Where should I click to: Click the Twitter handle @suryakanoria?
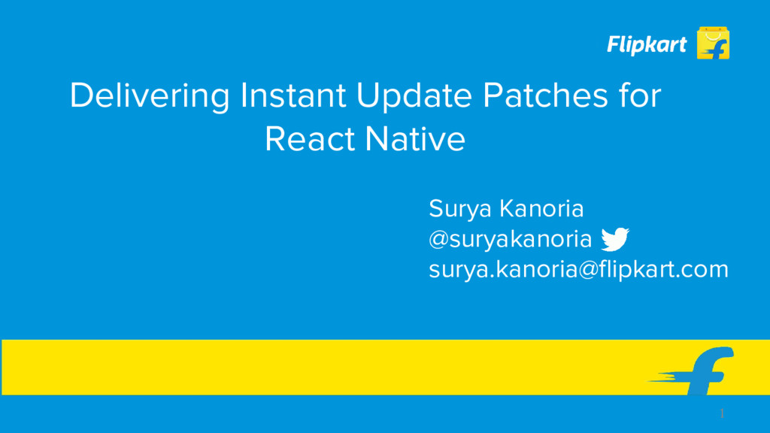point(510,240)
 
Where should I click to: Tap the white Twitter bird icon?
point(615,239)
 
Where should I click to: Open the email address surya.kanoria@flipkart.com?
point(578,269)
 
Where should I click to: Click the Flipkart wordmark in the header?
point(647,45)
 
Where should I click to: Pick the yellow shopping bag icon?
point(713,43)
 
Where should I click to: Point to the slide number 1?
point(722,414)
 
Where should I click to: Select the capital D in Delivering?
point(80,97)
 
